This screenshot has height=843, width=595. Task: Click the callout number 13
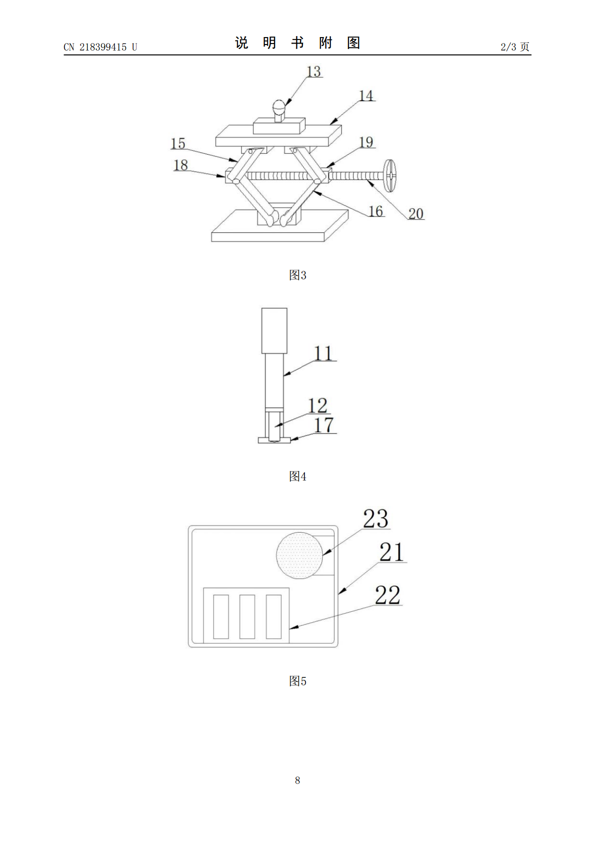pos(313,71)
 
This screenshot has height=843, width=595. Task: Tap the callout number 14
pos(366,96)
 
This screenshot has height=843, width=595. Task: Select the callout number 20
pos(415,213)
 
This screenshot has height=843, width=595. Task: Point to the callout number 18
pos(181,165)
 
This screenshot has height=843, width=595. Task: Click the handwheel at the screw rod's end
pos(391,176)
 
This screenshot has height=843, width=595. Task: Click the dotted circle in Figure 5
pos(299,555)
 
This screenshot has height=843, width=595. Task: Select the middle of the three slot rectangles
pos(247,616)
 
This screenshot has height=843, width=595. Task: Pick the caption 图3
pos(297,275)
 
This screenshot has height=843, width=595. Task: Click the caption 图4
pos(297,477)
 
